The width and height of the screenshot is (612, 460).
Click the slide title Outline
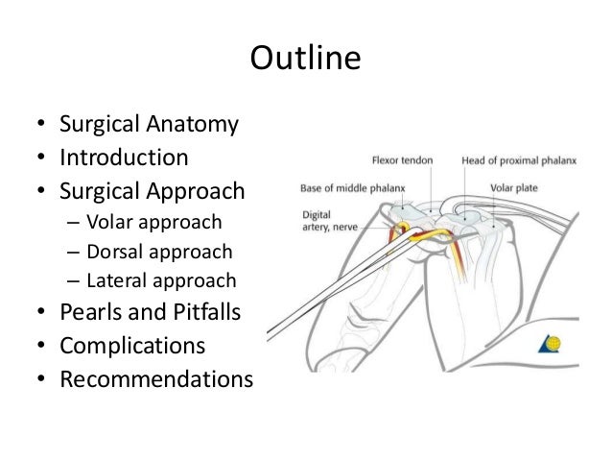(305, 60)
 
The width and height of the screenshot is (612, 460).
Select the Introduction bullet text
(124, 157)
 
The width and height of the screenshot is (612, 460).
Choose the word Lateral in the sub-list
(114, 280)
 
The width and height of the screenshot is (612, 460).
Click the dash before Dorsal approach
(73, 253)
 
